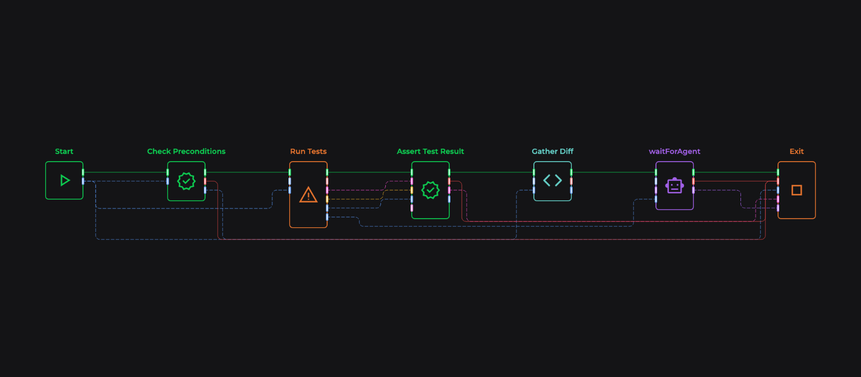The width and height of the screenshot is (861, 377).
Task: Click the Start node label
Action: click(64, 151)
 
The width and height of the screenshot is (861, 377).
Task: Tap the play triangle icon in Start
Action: click(65, 180)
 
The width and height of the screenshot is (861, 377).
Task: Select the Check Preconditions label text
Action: click(186, 151)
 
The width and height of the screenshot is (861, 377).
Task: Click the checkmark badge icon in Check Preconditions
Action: click(186, 181)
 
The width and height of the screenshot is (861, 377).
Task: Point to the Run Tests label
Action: click(308, 151)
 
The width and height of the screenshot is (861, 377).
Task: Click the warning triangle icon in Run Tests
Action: click(308, 194)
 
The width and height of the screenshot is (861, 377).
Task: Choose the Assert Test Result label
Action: click(430, 151)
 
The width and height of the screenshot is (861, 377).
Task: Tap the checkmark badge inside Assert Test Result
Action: click(430, 190)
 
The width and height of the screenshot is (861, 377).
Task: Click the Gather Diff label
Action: click(553, 151)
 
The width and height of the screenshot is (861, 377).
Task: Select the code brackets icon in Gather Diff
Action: click(553, 180)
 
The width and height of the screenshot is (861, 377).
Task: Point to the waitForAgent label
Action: click(674, 151)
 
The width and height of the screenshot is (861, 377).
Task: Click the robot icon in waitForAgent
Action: click(674, 186)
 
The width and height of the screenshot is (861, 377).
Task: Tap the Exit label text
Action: click(796, 151)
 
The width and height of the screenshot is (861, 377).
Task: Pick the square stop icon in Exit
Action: click(796, 190)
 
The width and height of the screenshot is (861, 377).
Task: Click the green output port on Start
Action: click(83, 172)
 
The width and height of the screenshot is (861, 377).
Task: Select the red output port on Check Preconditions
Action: click(205, 181)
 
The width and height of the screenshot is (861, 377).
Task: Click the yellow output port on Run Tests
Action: click(327, 199)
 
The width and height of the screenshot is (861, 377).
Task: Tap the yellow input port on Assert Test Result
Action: click(412, 190)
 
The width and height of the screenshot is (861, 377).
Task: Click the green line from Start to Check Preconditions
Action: click(125, 172)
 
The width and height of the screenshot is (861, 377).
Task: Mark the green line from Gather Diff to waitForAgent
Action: click(613, 172)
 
